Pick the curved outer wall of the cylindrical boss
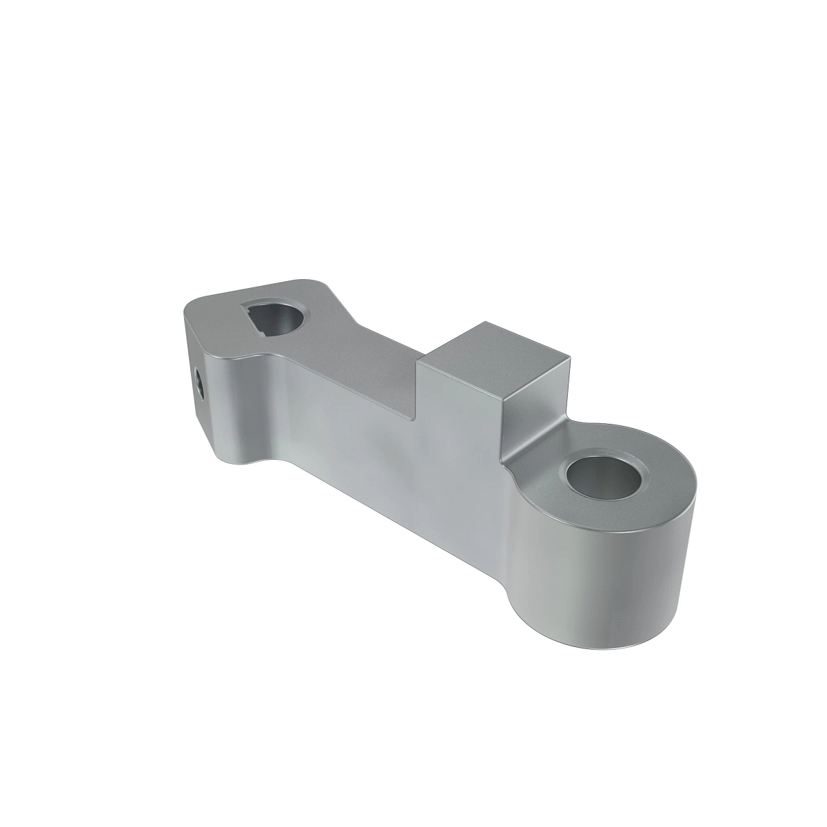606,586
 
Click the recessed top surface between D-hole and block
365,358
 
